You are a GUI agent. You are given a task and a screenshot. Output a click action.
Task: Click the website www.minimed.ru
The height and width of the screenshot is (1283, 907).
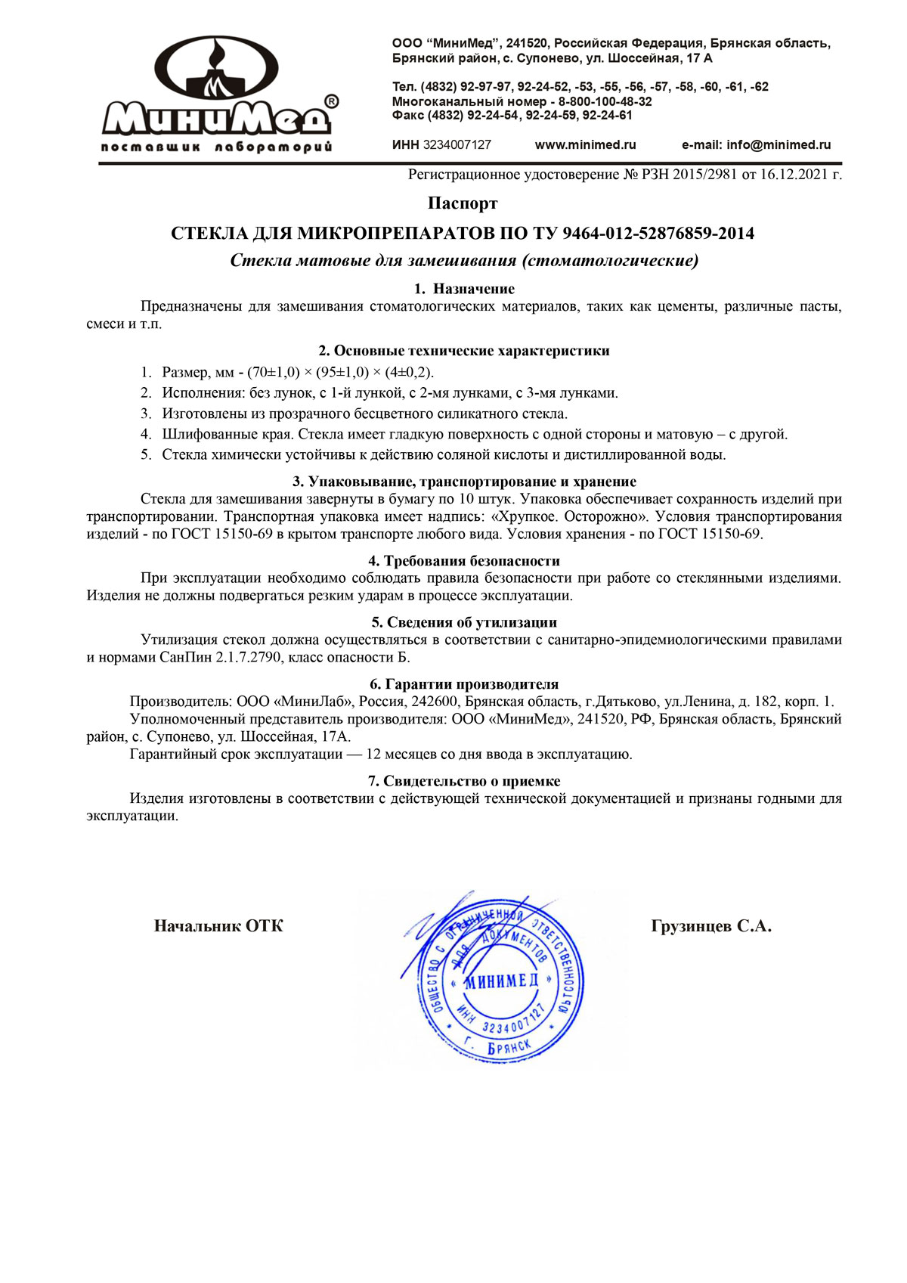585,144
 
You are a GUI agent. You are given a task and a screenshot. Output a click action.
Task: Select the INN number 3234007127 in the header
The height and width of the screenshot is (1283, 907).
457,144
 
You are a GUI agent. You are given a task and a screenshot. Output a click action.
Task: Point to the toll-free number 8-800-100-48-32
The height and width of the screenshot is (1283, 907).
605,101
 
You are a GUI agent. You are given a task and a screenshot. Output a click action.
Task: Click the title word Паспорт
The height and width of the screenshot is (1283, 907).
463,203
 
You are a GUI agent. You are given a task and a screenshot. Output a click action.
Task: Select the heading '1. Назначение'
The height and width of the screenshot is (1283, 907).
464,289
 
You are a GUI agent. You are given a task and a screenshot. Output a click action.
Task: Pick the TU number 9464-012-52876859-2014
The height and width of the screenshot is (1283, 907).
658,233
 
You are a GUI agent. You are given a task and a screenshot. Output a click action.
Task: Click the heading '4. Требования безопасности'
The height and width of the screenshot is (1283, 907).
464,561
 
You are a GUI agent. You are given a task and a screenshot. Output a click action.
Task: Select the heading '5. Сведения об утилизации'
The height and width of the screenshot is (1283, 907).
464,622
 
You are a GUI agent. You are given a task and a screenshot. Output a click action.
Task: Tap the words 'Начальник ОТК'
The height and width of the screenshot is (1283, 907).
218,926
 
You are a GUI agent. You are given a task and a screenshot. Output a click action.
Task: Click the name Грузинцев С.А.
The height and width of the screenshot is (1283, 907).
710,926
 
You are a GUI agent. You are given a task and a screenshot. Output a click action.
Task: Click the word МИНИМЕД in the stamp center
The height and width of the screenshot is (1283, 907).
500,981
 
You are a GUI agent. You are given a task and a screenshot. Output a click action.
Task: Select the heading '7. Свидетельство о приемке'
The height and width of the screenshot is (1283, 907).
464,781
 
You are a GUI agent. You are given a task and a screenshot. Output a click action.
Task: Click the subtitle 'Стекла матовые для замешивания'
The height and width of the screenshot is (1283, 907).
373,262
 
